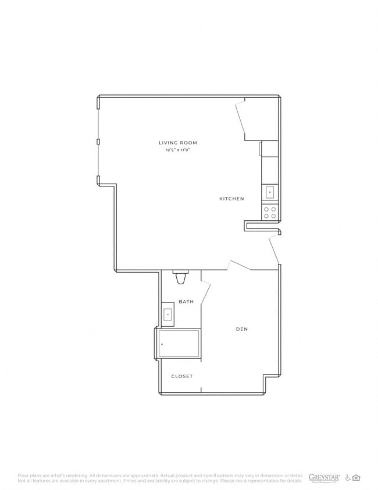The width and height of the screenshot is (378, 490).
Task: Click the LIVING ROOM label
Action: pos(178,143)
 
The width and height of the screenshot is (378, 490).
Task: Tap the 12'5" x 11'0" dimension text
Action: pos(178,150)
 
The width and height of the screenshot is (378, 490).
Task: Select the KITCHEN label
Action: pos(231,199)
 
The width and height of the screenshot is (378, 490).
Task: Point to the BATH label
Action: pos(186,301)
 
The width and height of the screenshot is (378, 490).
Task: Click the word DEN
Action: pos(242,329)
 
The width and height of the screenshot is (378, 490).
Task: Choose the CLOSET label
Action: pos(181,376)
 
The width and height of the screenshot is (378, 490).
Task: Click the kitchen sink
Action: pos(270,192)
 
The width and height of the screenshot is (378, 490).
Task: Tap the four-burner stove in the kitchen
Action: pos(270,212)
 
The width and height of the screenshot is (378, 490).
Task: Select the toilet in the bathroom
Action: pos(181,278)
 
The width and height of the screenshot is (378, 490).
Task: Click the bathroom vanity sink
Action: pos(167,315)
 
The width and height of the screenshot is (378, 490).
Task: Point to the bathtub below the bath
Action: pos(179,344)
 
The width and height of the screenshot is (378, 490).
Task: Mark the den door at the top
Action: pos(240,265)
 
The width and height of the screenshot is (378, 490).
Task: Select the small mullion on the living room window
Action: pos(98,142)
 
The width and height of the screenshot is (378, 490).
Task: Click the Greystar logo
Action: pos(324,477)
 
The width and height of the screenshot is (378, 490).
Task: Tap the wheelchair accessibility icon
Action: pos(348,478)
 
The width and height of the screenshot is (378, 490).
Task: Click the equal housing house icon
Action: pos(356,478)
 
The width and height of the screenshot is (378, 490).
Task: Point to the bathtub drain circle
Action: pos(162,344)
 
